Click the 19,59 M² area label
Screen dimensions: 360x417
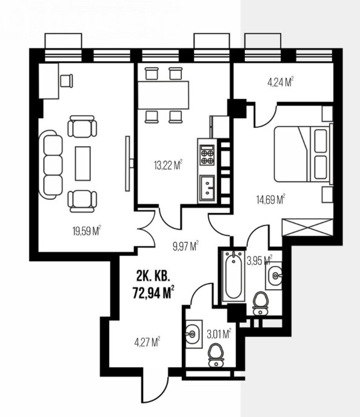[x=87, y=231]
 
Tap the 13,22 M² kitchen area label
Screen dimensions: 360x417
[x=168, y=165]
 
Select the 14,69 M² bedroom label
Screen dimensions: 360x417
[x=271, y=199]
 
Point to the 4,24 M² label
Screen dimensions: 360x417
[x=281, y=82]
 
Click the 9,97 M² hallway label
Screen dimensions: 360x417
[x=186, y=246]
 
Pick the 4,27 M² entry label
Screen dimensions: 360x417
[x=147, y=342]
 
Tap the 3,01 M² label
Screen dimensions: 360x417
[x=219, y=333]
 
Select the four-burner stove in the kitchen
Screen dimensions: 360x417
[x=207, y=155]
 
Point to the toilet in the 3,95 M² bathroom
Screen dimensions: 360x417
[x=261, y=304]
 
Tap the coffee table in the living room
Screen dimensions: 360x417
[x=82, y=163]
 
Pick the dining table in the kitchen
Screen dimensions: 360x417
[x=163, y=95]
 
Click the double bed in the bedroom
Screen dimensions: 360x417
[x=304, y=154]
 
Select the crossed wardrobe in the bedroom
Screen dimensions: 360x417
[x=307, y=227]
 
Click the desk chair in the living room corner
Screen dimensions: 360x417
[x=67, y=81]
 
